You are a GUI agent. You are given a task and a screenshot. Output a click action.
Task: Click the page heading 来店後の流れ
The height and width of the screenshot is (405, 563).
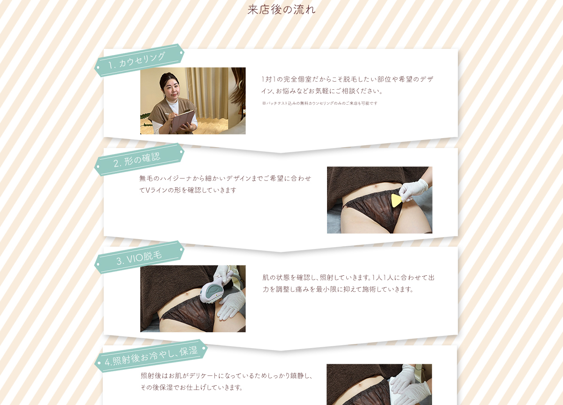[x=281, y=10]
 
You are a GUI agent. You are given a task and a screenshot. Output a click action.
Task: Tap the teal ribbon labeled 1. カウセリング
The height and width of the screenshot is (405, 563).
[x=139, y=61]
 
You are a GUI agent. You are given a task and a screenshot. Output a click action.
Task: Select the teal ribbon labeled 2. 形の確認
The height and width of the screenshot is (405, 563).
[x=139, y=160]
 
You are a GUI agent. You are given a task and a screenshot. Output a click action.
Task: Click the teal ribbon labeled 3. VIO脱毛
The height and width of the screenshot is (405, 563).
[x=139, y=257]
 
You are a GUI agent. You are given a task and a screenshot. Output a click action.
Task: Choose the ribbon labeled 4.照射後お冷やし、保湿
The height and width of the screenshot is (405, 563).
[x=151, y=356]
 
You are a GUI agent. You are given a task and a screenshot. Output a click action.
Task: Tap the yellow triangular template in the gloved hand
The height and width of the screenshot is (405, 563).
[x=396, y=201]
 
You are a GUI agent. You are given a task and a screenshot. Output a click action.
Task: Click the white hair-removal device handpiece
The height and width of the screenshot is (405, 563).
[x=213, y=289]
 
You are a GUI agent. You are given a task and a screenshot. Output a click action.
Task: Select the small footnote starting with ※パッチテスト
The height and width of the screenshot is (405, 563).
[x=320, y=103]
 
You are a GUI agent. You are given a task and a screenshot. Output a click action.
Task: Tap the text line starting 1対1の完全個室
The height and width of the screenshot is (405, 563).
[x=347, y=79]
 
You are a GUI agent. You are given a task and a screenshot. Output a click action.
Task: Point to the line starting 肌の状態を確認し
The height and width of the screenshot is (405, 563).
[x=348, y=277]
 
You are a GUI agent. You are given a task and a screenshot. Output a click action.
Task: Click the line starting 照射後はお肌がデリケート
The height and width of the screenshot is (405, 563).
[x=226, y=376]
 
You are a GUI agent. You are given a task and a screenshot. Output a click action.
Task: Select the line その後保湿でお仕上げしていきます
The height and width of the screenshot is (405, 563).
[x=191, y=387]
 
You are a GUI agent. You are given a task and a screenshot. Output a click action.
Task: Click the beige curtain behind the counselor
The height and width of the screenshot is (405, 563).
[x=207, y=93]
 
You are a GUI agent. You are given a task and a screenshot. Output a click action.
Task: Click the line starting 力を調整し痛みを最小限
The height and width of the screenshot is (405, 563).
[x=338, y=289]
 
